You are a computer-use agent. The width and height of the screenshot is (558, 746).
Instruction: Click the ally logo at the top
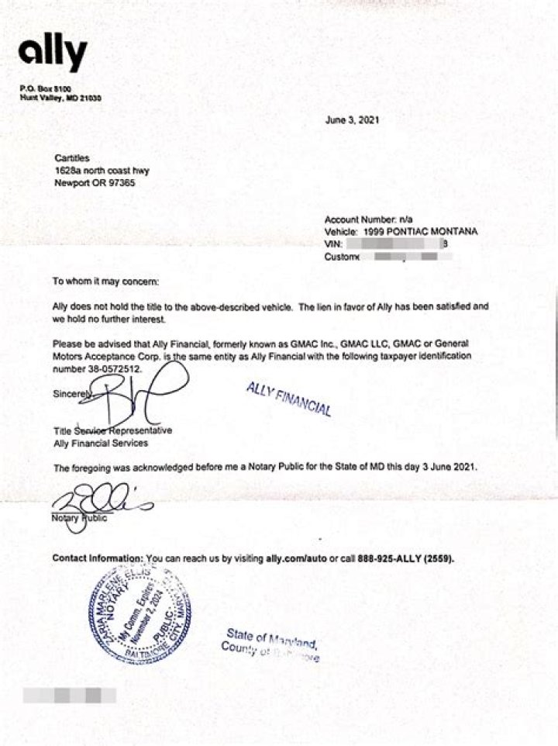53,54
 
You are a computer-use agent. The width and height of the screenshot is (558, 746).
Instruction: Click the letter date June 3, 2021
352,120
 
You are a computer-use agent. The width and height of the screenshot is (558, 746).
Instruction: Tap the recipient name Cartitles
72,158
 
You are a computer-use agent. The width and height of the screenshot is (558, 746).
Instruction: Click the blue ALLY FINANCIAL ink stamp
288,399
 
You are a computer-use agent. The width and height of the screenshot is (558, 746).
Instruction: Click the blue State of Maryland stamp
271,642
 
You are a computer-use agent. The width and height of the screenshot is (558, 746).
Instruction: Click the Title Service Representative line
112,431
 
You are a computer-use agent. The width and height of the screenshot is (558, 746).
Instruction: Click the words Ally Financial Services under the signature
101,444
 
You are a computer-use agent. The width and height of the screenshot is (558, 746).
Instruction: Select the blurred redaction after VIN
395,244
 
